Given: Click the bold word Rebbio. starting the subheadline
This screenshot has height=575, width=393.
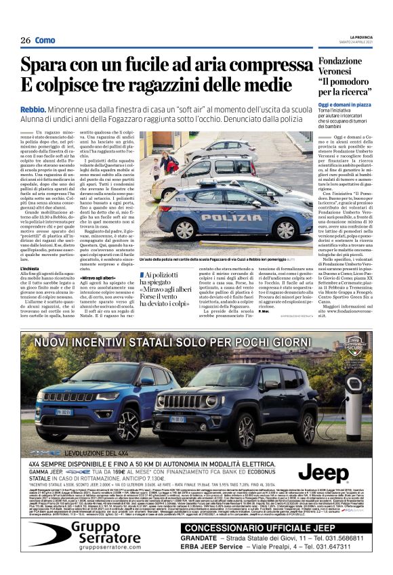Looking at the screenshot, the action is (33, 109).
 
